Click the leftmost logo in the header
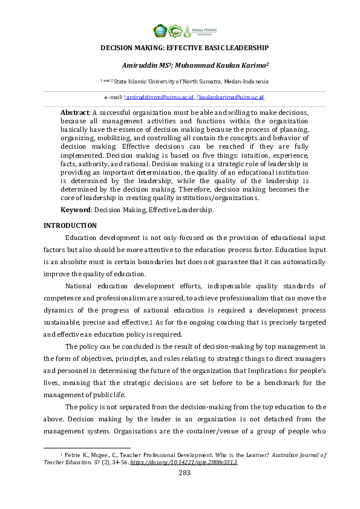tap(160, 30)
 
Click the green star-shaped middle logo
tap(175, 30)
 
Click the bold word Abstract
tap(74, 112)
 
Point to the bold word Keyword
tap(76, 210)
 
